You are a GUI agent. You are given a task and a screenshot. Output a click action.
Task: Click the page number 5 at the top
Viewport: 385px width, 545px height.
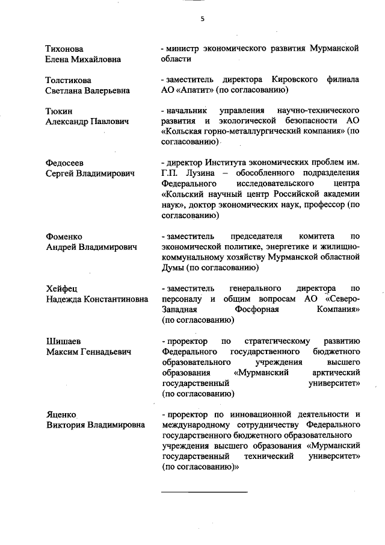pyautogui.click(x=202, y=19)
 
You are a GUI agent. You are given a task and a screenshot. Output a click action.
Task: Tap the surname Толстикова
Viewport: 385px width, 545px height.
pyautogui.click(x=69, y=79)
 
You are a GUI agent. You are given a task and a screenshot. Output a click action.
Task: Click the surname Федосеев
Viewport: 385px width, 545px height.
pyautogui.click(x=65, y=163)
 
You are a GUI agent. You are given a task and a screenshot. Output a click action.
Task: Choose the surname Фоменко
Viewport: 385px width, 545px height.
pyautogui.click(x=64, y=237)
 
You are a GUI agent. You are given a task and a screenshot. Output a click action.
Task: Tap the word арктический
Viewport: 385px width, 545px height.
pyautogui.click(x=334, y=372)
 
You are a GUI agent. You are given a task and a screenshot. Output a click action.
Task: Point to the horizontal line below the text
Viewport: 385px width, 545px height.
pyautogui.click(x=205, y=492)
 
